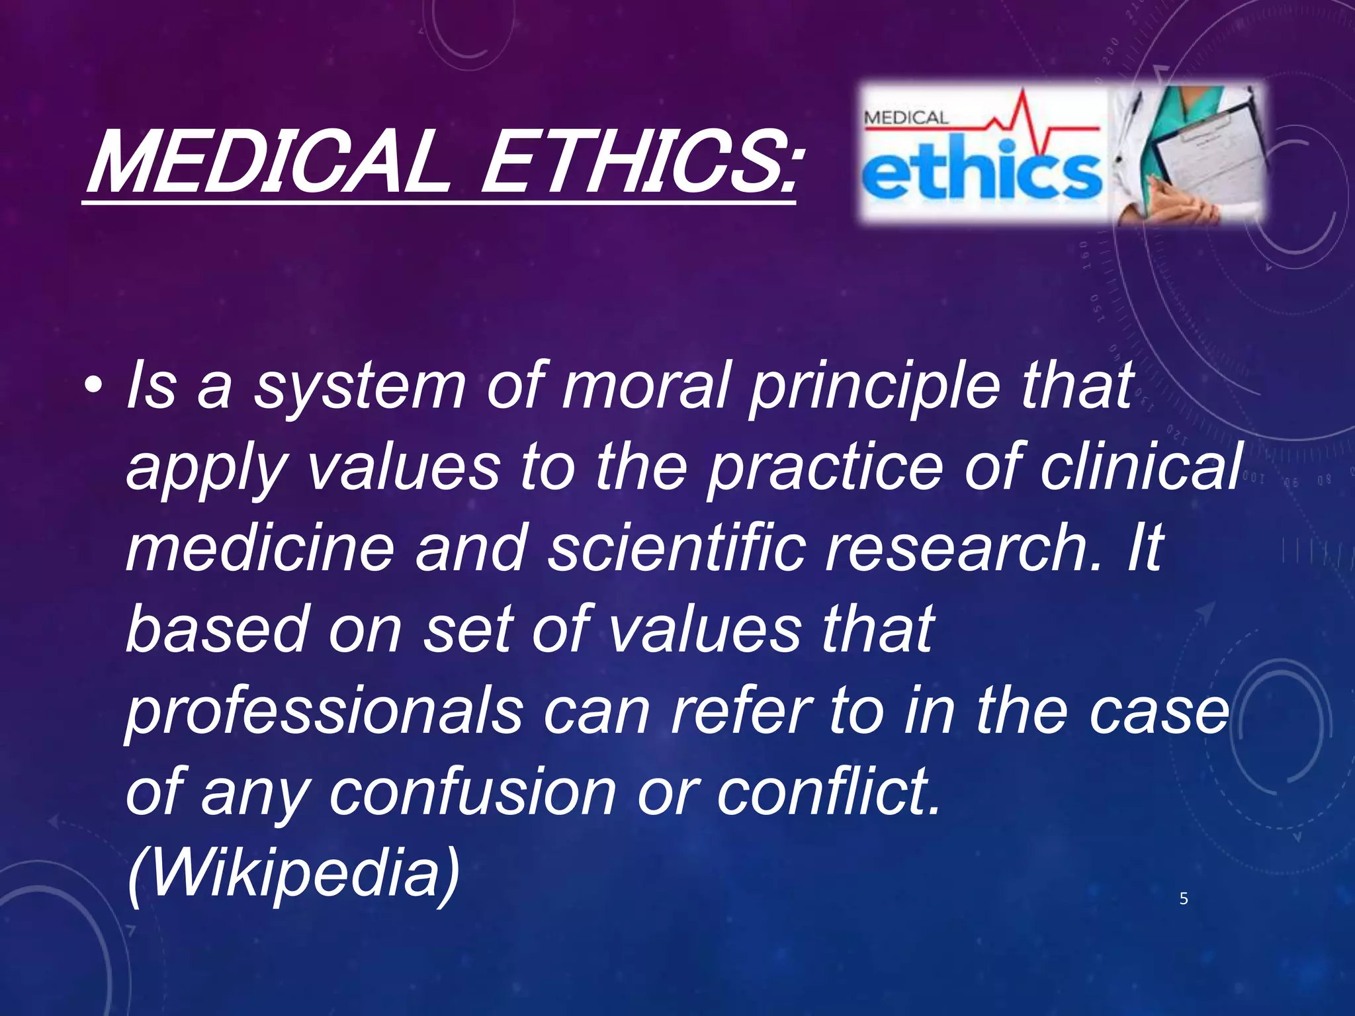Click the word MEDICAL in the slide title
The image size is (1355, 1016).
click(265, 162)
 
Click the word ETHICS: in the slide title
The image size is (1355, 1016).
click(638, 162)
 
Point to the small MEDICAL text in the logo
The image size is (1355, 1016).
click(906, 118)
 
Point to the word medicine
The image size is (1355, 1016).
click(260, 548)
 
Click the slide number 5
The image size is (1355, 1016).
click(1184, 899)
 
